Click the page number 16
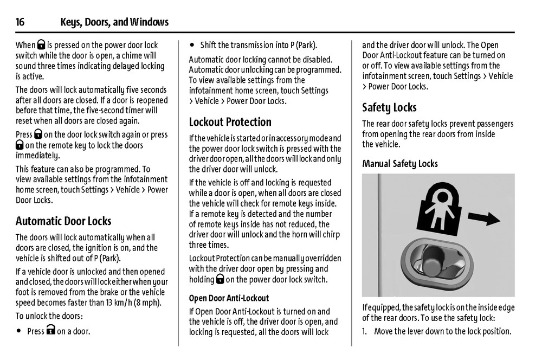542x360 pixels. pyautogui.click(x=20, y=22)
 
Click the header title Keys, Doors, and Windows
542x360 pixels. pyautogui.click(x=114, y=22)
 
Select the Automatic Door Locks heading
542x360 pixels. pyautogui.click(x=63, y=221)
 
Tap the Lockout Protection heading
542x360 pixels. pyautogui.click(x=230, y=122)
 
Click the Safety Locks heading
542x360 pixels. pyautogui.click(x=389, y=107)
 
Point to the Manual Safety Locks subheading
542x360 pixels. pyautogui.click(x=400, y=164)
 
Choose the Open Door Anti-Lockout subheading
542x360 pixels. pyautogui.click(x=229, y=298)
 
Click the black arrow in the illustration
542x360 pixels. pyautogui.click(x=483, y=218)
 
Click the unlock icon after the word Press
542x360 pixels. pyautogui.click(x=51, y=331)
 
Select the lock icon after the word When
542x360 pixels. pyautogui.click(x=41, y=45)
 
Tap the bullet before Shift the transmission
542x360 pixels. pyautogui.click(x=192, y=45)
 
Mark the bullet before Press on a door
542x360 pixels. pyautogui.click(x=19, y=331)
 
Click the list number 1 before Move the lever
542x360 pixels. pyautogui.click(x=365, y=331)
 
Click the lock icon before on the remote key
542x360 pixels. pyautogui.click(x=20, y=145)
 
